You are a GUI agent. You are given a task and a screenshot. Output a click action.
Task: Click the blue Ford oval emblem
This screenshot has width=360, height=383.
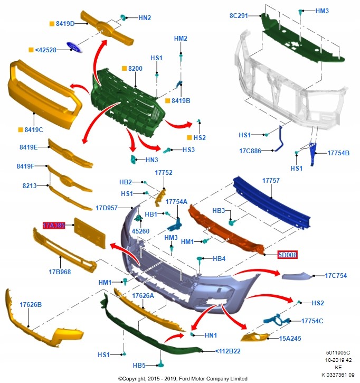[x=74, y=47]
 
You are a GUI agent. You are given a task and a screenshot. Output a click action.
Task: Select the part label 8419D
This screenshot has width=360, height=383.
[x=65, y=24]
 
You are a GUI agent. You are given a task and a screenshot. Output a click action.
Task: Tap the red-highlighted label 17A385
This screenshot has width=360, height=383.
[x=54, y=225]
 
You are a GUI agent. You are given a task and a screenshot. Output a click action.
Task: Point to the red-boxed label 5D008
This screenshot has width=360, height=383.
[x=288, y=255]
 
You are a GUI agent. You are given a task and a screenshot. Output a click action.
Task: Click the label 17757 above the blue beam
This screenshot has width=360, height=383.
[x=271, y=181]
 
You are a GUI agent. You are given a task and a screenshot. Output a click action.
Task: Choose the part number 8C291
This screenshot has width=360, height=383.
[x=239, y=16]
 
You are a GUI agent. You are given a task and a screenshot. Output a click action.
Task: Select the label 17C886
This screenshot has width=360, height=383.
[x=250, y=151]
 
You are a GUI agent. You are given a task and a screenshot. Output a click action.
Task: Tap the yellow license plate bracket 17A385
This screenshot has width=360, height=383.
[x=90, y=233]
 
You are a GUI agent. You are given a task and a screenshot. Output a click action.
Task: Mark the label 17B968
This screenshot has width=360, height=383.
[x=60, y=272]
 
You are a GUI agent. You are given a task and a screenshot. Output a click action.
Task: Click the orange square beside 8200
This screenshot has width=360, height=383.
[x=124, y=68]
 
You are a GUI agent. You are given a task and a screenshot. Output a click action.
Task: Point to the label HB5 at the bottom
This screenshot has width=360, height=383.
[x=139, y=365]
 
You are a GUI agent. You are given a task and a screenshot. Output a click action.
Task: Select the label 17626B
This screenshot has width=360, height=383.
[x=31, y=305]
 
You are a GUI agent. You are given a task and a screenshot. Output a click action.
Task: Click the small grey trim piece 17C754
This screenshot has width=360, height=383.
[x=297, y=276]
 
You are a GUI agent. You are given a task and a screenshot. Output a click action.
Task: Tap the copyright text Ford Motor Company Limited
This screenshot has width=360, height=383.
[x=213, y=379]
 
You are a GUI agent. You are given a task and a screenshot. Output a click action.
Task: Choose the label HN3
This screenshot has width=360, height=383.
[x=152, y=160]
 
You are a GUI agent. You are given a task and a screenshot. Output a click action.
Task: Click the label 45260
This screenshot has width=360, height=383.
[x=140, y=231]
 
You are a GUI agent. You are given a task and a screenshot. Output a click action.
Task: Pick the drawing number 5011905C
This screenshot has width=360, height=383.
[x=338, y=353]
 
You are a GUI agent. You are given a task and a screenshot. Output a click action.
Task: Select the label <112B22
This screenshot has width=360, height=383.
[x=228, y=351]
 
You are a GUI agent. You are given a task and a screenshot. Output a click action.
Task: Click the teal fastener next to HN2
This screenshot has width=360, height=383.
[x=123, y=17]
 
